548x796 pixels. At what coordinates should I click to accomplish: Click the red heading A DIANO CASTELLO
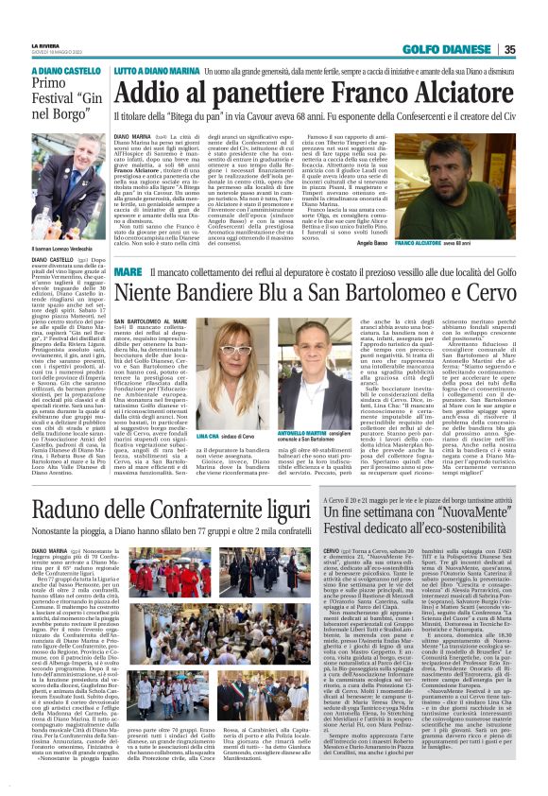tap(66, 71)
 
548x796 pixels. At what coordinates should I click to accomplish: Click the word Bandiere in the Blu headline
tap(237, 297)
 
